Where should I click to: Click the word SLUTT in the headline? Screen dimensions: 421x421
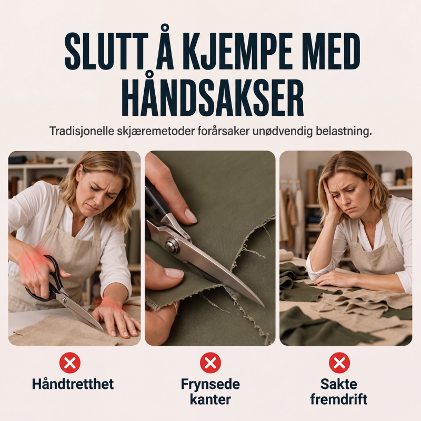tap(107, 52)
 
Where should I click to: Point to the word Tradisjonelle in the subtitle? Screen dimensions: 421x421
tap(82, 131)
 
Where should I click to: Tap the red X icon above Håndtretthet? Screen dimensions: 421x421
tap(70, 363)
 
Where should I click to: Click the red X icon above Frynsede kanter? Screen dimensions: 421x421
tap(210, 363)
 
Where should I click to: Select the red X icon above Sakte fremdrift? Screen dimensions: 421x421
tap(339, 363)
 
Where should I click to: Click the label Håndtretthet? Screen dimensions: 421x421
tap(73, 384)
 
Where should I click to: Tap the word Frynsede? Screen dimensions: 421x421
tap(210, 385)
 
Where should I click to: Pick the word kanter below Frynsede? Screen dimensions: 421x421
tap(210, 399)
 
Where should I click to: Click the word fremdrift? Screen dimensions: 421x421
tap(339, 399)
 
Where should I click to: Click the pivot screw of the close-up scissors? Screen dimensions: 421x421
tap(172, 246)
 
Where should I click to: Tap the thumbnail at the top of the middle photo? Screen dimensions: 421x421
tap(191, 216)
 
